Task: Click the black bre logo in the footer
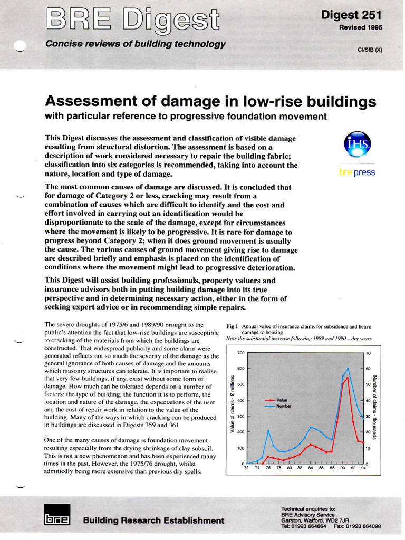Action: coord(56,519)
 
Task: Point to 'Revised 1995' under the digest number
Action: coord(361,27)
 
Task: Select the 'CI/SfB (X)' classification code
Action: coord(370,50)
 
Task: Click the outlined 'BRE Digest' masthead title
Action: coord(132,20)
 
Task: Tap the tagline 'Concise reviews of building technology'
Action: coord(136,44)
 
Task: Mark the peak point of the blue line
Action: coord(348,368)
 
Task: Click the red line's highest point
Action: coord(348,378)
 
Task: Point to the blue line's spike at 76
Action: coord(268,431)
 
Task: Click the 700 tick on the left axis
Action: coord(240,353)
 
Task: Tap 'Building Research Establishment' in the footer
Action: coord(153,520)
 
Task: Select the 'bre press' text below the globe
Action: coord(357,172)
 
